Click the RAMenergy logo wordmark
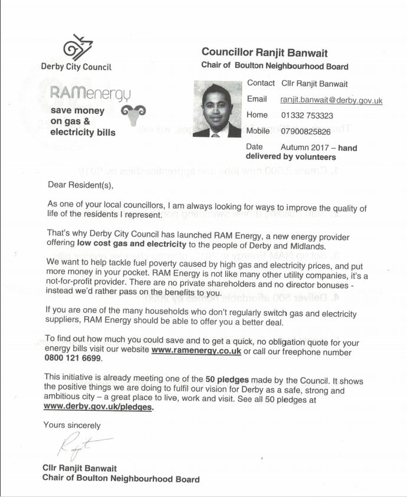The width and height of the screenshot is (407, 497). point(95,93)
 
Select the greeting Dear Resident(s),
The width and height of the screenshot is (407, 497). point(80,184)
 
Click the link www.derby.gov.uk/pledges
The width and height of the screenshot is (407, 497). point(98,407)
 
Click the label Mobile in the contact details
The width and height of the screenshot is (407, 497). point(258,131)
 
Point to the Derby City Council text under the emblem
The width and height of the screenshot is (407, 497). point(76,67)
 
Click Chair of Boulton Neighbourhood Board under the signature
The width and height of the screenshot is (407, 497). point(121,479)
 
